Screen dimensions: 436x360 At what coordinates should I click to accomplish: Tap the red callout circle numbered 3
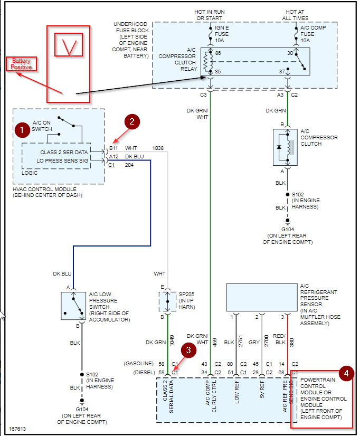[188, 350]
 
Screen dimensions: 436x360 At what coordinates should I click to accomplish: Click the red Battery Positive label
[22, 64]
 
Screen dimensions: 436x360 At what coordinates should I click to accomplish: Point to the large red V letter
[69, 46]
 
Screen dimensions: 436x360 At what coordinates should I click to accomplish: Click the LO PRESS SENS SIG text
[63, 160]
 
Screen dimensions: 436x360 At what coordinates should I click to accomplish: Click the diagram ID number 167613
[17, 430]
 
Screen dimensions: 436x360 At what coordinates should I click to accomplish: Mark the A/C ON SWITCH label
[43, 126]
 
